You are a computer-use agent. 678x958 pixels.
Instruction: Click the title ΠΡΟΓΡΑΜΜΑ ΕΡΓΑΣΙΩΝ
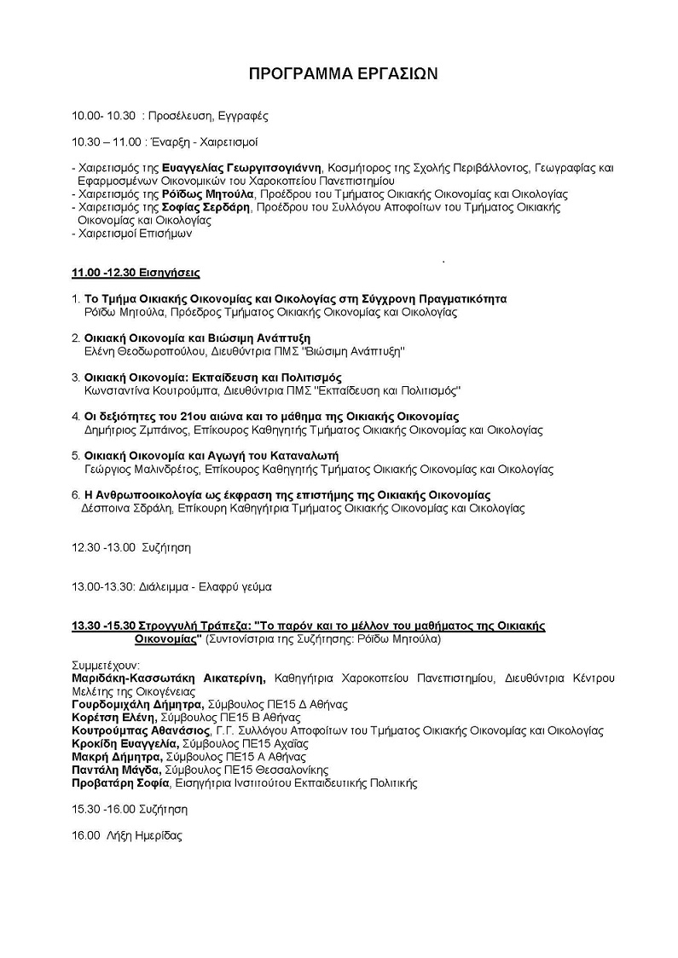[x=343, y=74]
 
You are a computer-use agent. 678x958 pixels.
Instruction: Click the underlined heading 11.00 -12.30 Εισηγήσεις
[x=136, y=273]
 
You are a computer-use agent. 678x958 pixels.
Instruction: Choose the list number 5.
[x=75, y=455]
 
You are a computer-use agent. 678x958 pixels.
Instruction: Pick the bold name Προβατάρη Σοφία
[x=120, y=782]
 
